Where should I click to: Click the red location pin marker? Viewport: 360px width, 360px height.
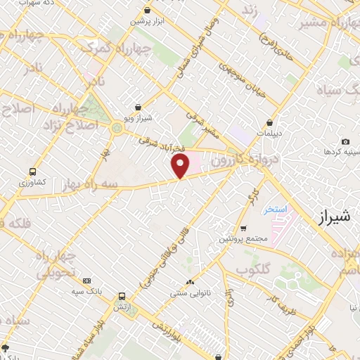point(181,166)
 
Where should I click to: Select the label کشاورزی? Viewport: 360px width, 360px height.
point(32,181)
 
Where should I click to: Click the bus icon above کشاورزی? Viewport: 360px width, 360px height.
point(32,171)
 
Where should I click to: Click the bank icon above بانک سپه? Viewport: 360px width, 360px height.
point(86,280)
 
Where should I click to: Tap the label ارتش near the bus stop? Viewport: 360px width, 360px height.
point(122,307)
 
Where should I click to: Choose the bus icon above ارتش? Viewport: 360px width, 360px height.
point(122,297)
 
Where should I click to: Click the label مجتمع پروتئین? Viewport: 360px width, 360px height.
point(243,238)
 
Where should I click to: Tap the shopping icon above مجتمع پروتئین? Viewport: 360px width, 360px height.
point(243,229)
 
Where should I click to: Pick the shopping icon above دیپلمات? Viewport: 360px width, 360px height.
point(269,122)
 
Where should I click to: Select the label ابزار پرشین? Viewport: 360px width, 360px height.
point(146,21)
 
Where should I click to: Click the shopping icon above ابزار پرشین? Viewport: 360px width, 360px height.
point(146,11)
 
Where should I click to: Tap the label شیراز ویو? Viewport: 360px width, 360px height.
point(139,118)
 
